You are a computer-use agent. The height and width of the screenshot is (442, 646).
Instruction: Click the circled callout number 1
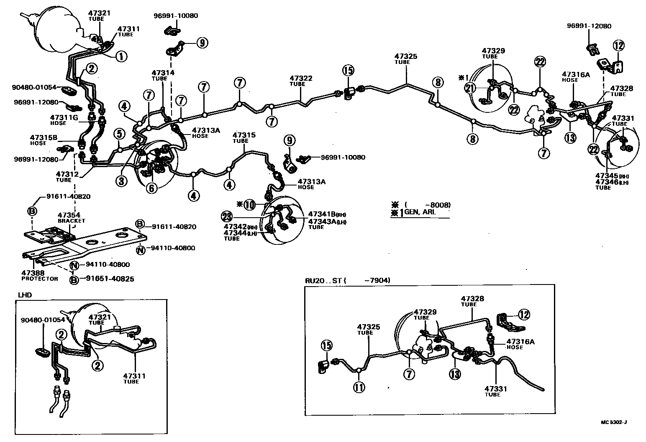121,56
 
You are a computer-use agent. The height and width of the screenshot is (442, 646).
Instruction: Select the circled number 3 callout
122,181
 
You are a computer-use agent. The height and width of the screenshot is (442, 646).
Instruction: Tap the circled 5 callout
119,134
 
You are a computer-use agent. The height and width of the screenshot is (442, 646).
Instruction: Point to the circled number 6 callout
151,188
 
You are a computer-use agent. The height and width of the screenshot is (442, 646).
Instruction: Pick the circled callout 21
470,88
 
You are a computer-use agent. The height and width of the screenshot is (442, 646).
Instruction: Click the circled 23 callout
226,216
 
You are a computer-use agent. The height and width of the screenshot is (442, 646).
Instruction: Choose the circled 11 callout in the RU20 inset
359,387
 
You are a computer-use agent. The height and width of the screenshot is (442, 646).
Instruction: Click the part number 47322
301,78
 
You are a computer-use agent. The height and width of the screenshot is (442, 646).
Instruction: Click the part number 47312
67,174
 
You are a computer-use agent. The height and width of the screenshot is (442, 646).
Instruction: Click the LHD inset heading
25,295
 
